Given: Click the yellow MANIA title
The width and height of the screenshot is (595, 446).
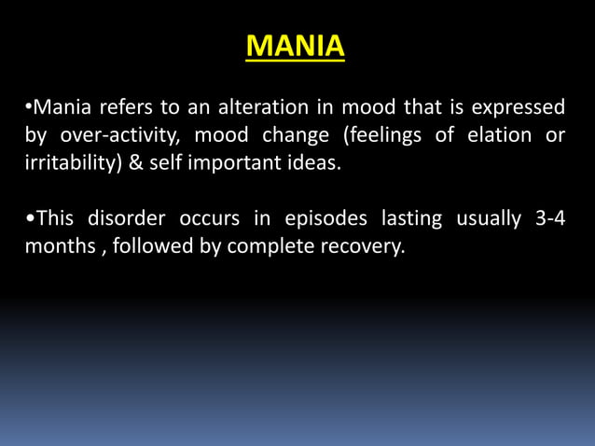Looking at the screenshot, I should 297,45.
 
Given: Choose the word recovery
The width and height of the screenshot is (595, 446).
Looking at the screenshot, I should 369,249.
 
